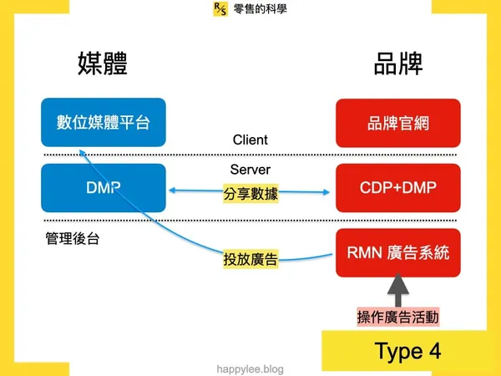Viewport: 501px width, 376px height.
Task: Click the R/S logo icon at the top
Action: point(220,10)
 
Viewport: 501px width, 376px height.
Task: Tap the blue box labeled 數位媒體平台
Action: point(104,123)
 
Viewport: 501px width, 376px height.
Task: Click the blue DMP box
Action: point(104,188)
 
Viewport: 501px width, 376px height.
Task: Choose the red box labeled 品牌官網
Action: point(397,123)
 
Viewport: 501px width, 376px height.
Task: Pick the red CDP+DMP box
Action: point(397,188)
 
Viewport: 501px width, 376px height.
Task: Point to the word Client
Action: point(250,140)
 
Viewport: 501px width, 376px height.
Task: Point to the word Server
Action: point(250,169)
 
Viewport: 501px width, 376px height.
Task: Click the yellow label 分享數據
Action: point(250,194)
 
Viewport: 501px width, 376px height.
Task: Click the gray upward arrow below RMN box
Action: point(397,292)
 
